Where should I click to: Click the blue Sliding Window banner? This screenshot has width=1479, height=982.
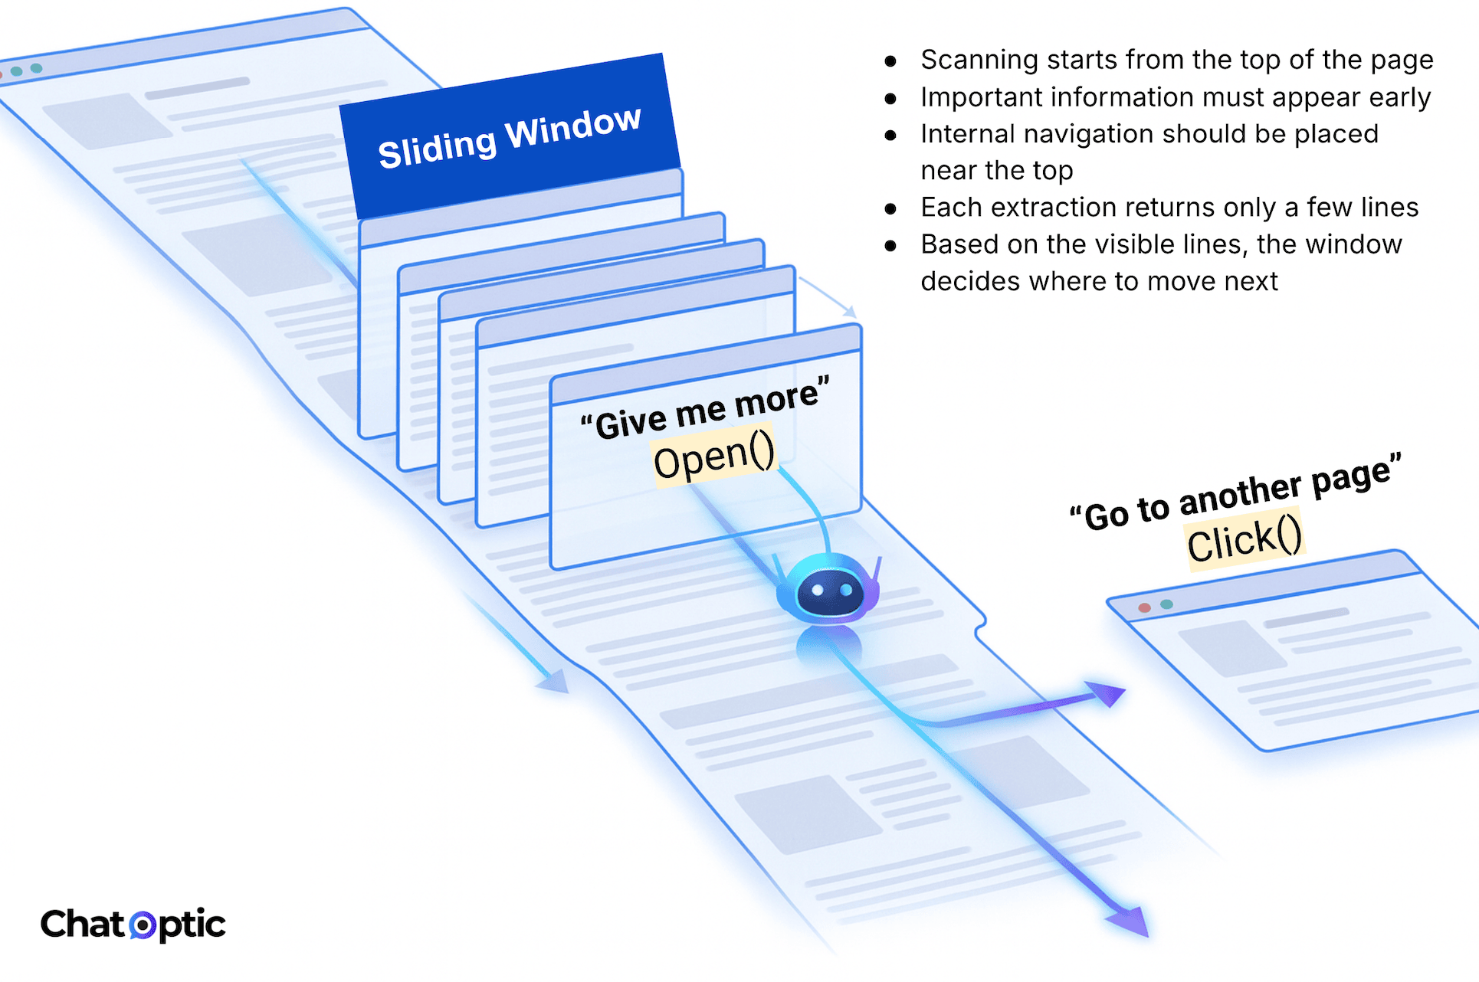click(x=510, y=136)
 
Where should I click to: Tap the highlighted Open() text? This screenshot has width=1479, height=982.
click(x=714, y=457)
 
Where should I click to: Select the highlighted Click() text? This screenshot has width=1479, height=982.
click(x=1245, y=540)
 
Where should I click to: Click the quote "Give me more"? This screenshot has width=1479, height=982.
click(x=705, y=410)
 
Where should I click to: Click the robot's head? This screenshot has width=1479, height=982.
click(x=828, y=590)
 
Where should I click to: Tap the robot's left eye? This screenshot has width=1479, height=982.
click(x=817, y=590)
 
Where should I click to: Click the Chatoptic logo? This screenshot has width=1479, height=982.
click(x=133, y=925)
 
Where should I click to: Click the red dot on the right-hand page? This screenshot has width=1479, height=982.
click(x=1144, y=607)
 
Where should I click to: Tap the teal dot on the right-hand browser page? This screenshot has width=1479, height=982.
click(x=1166, y=604)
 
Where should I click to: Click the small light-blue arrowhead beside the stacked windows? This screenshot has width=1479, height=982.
click(x=849, y=311)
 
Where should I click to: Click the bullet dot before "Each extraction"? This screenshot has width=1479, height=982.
click(x=890, y=208)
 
